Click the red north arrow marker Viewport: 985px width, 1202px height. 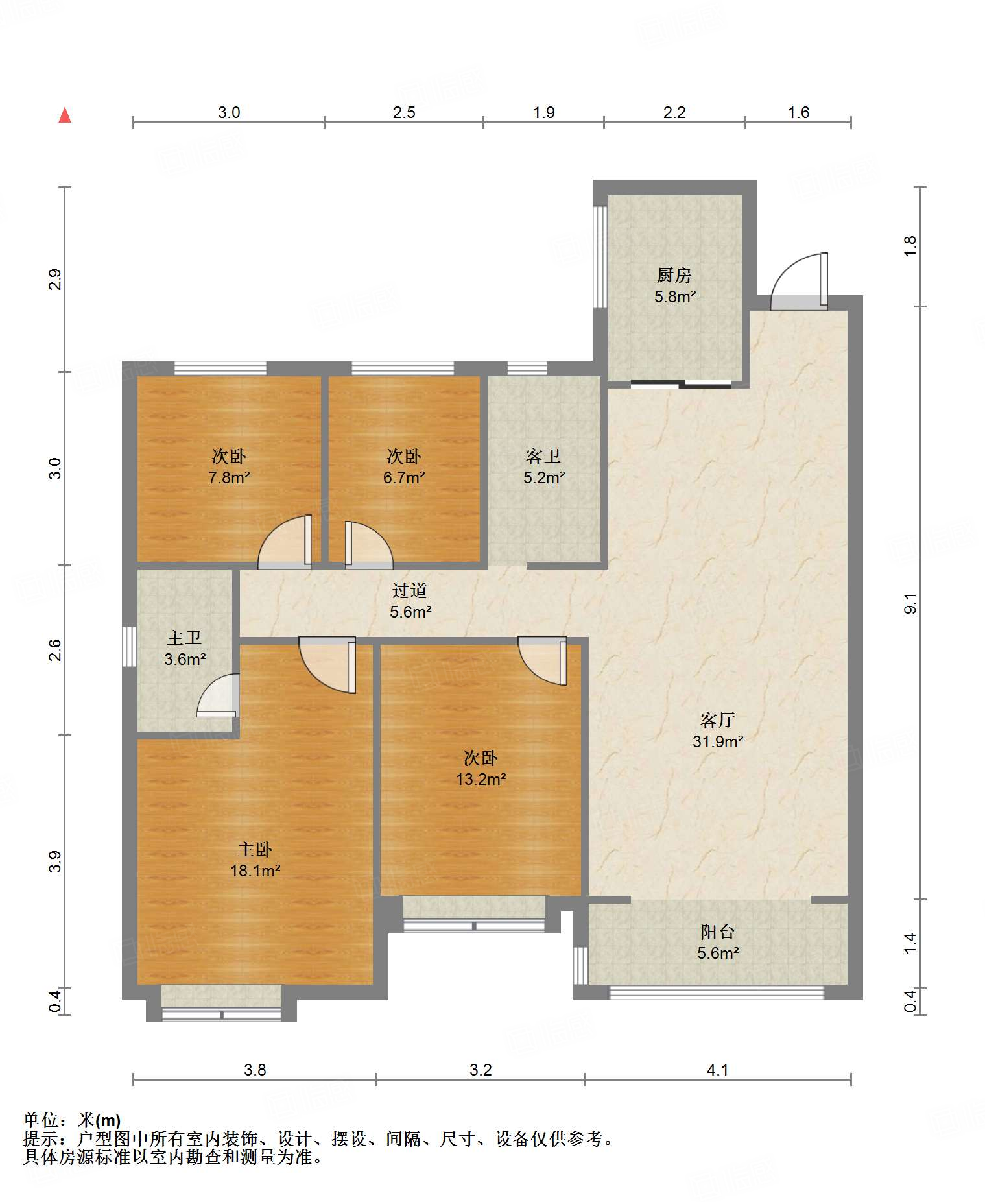(x=65, y=115)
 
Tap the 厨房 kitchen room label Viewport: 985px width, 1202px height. (x=674, y=276)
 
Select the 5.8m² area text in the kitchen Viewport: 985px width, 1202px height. (x=675, y=297)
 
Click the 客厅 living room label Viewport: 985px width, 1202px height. (x=717, y=720)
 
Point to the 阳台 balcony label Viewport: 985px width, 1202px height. (x=718, y=932)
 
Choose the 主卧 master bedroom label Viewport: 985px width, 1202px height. (x=255, y=850)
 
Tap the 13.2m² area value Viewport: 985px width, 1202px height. (x=481, y=779)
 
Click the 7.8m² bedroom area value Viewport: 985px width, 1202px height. (x=229, y=478)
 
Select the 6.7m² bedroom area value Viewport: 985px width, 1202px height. (x=404, y=478)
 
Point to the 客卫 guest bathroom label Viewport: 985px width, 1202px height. (x=543, y=457)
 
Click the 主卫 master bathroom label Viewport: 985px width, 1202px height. (x=184, y=638)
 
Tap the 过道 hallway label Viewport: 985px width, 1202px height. (x=410, y=590)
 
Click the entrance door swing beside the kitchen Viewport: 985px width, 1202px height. (x=799, y=280)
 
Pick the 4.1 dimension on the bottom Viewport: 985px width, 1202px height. (x=718, y=1070)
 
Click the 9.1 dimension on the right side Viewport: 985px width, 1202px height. (x=910, y=603)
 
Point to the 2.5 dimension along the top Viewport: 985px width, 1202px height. (x=404, y=112)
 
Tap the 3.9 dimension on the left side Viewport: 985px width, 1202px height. (x=55, y=861)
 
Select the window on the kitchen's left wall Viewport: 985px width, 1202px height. (x=600, y=257)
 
